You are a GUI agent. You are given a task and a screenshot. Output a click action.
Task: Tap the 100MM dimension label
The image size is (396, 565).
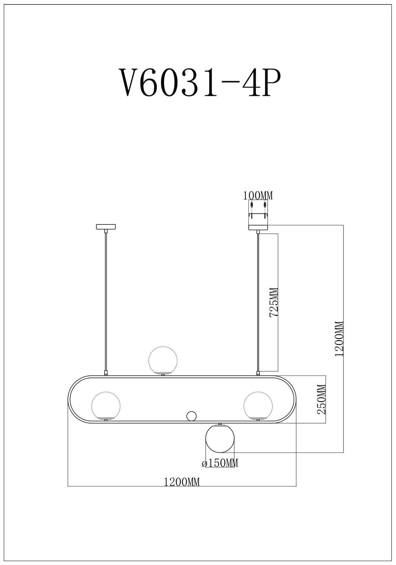click(x=258, y=196)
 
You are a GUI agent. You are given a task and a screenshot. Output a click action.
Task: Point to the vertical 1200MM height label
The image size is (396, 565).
click(x=340, y=339)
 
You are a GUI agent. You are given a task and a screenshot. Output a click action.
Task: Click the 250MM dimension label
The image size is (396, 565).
click(x=321, y=399)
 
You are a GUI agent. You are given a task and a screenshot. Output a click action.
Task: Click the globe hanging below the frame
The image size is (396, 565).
click(x=220, y=439)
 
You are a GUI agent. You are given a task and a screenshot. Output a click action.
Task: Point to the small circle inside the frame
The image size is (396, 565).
click(x=191, y=416)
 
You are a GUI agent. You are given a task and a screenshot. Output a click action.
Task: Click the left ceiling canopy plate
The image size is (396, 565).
click(x=106, y=227)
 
